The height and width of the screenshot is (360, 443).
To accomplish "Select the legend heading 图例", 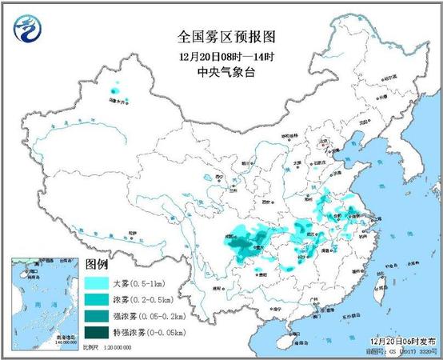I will click(97, 265).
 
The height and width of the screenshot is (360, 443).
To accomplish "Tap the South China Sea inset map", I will click(45, 304).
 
